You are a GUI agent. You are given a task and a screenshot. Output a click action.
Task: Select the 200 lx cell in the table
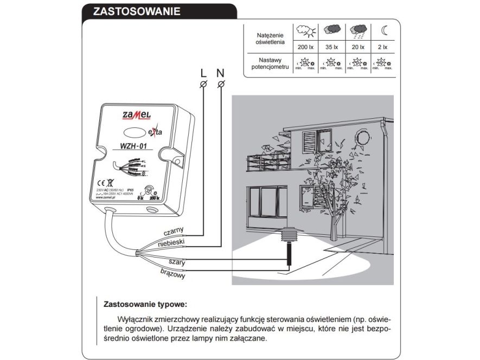click(306, 47)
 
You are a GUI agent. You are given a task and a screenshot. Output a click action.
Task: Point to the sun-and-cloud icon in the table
click(306, 31)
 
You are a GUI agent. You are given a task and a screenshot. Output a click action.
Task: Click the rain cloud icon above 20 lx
click(357, 31)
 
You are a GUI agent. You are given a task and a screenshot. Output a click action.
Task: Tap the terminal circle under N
click(221, 84)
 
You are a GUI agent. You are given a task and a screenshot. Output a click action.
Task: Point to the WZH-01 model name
click(130, 146)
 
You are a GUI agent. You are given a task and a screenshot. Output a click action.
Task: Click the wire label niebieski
click(172, 242)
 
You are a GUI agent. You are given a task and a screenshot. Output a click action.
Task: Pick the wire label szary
click(177, 262)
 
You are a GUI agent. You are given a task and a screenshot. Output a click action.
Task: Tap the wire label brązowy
click(173, 274)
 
